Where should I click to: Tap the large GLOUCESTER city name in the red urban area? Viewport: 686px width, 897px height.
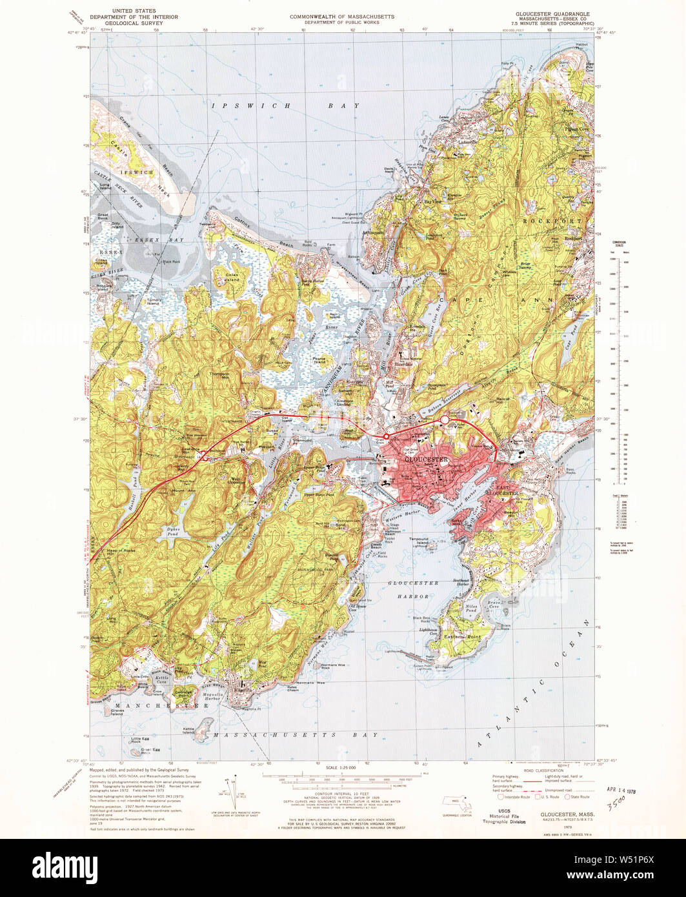[x=425, y=459]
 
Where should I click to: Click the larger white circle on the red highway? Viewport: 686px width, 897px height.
[x=445, y=420]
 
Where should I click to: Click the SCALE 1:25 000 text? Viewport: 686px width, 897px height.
[x=342, y=767]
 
